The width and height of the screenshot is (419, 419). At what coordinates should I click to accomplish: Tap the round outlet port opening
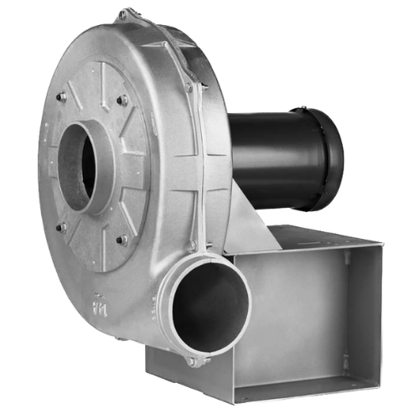click(214, 308)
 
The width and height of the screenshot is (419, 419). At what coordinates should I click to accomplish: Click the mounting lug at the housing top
click(126, 14)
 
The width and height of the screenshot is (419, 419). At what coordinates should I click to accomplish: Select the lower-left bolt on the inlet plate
click(60, 226)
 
